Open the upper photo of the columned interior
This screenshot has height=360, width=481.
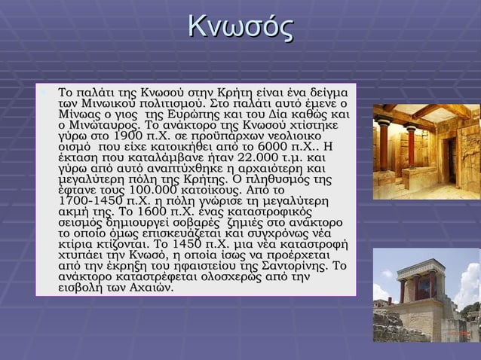click(425, 150)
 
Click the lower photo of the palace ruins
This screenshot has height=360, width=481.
click(424, 295)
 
